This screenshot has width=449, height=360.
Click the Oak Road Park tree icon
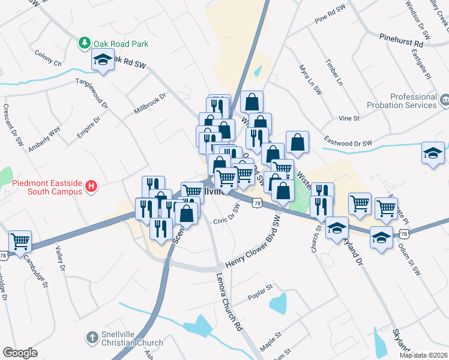[85, 43]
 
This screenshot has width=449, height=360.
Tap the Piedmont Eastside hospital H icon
[91, 187]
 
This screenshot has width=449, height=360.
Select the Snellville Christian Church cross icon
[92, 338]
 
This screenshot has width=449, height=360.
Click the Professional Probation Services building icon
[445, 99]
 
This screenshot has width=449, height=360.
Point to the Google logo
[20, 353]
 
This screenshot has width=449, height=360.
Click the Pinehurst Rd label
[401, 40]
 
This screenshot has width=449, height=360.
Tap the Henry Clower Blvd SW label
[253, 244]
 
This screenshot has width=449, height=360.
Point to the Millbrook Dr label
[149, 103]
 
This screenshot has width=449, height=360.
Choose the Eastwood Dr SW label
[348, 142]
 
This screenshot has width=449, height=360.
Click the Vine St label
[349, 118]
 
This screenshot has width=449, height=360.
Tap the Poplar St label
[260, 298]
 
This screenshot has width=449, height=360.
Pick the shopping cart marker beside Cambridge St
[20, 242]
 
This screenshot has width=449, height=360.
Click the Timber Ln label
[333, 73]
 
